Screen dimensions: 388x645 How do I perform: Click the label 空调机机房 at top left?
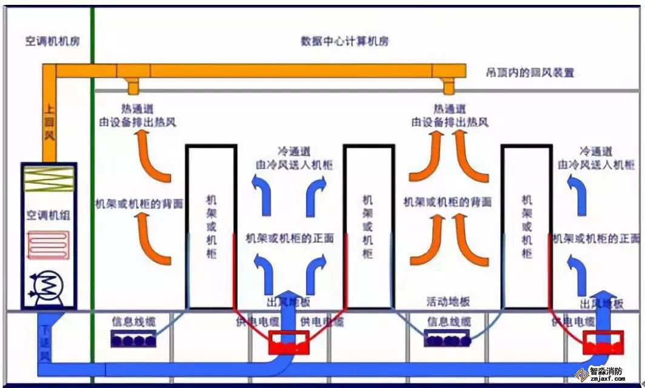click(x=53, y=42)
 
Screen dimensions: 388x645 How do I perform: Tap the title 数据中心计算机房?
click(x=344, y=42)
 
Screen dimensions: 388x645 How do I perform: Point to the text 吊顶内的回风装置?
click(x=530, y=73)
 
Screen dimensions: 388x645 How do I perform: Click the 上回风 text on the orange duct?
click(x=49, y=124)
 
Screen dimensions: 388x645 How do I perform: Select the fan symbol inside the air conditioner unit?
click(x=48, y=285)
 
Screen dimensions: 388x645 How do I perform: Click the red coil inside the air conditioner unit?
click(x=48, y=248)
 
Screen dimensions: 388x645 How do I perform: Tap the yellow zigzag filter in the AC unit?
click(x=48, y=179)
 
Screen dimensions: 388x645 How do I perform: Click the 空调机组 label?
click(x=48, y=216)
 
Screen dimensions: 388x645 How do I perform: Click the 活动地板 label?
click(x=449, y=302)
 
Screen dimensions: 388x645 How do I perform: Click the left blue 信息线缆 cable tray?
click(x=133, y=339)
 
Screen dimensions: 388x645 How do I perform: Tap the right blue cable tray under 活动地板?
click(x=449, y=339)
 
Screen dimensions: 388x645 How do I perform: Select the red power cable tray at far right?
click(x=603, y=343)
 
